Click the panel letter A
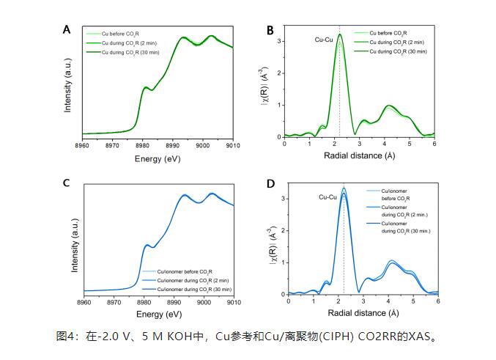tap(67, 29)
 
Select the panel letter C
tap(67, 183)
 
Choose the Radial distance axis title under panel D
tap(362, 312)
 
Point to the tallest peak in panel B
tap(339, 34)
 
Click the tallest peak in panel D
tap(343, 188)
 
